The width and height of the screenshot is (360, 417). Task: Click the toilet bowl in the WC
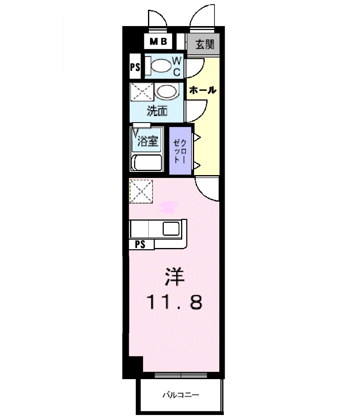click(162, 66)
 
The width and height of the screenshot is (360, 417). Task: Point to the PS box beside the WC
click(135, 67)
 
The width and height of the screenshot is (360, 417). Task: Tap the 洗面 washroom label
click(157, 111)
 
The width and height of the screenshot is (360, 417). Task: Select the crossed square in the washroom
click(141, 92)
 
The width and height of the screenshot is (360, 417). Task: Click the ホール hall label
click(202, 90)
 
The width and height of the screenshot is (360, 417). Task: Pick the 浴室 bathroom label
click(148, 141)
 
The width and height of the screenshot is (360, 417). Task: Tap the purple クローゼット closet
click(180, 151)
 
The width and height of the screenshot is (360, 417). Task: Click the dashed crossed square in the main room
click(141, 191)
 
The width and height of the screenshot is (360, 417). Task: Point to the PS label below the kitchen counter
click(141, 244)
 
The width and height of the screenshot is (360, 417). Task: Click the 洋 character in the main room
click(175, 278)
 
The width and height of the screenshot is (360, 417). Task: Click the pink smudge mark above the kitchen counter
click(168, 208)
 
